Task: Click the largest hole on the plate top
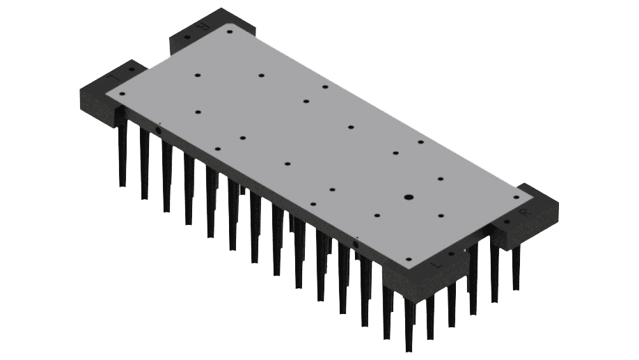(x=409, y=197)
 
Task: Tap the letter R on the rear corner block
(x=202, y=26)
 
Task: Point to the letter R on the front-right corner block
(x=523, y=213)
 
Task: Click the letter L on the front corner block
(x=437, y=265)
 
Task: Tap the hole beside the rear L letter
(x=131, y=69)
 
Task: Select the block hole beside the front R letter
(x=507, y=222)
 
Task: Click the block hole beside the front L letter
(x=452, y=254)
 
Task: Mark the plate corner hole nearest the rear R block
(x=230, y=31)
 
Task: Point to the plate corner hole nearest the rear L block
(x=122, y=93)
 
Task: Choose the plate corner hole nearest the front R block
(x=516, y=197)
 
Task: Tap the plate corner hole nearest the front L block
(x=409, y=259)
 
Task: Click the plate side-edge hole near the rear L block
(x=159, y=130)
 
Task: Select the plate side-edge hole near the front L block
(x=356, y=244)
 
